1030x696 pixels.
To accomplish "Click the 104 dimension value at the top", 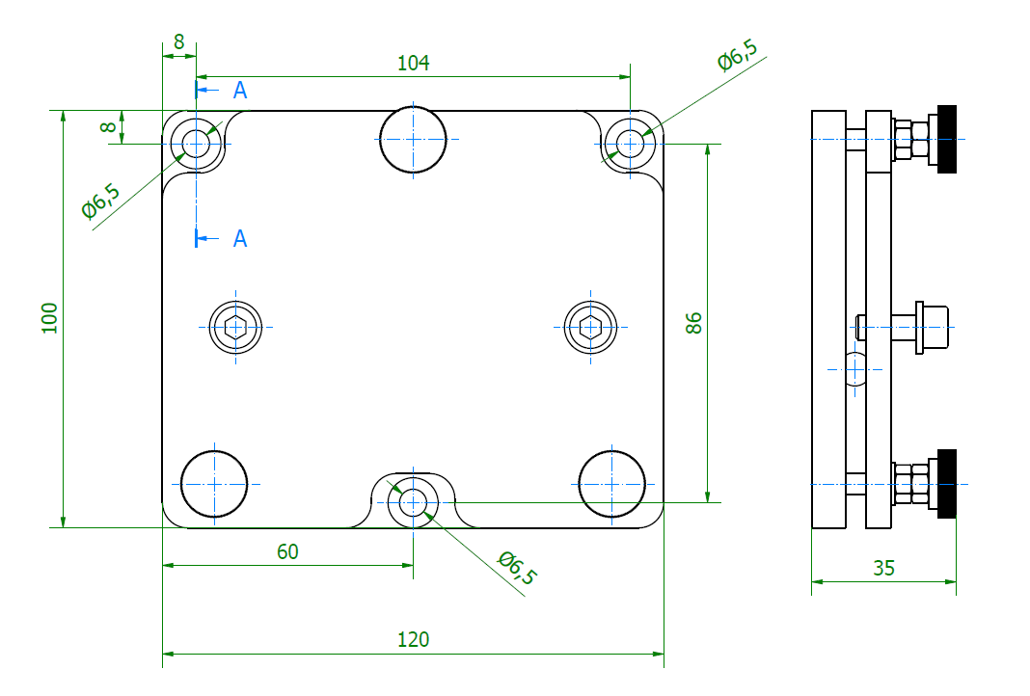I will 413,64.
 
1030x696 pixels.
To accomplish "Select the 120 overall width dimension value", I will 413,639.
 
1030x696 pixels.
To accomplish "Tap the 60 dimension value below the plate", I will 287,551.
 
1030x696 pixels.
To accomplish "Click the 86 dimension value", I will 693,323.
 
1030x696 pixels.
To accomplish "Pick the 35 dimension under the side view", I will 883,568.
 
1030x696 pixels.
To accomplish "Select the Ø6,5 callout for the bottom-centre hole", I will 516,568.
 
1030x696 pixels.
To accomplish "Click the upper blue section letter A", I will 240,91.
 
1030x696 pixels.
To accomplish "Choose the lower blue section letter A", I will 240,238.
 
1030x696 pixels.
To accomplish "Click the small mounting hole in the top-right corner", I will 631,144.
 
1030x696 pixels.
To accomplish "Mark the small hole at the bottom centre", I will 413,502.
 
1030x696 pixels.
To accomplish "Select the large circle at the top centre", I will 413,140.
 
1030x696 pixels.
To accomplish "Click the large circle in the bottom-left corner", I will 214,482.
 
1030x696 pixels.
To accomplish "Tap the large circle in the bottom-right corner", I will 611,482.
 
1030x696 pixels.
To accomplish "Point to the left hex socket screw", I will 236,328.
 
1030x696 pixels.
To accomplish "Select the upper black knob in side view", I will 946,139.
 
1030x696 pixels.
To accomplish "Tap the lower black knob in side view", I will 946,483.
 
